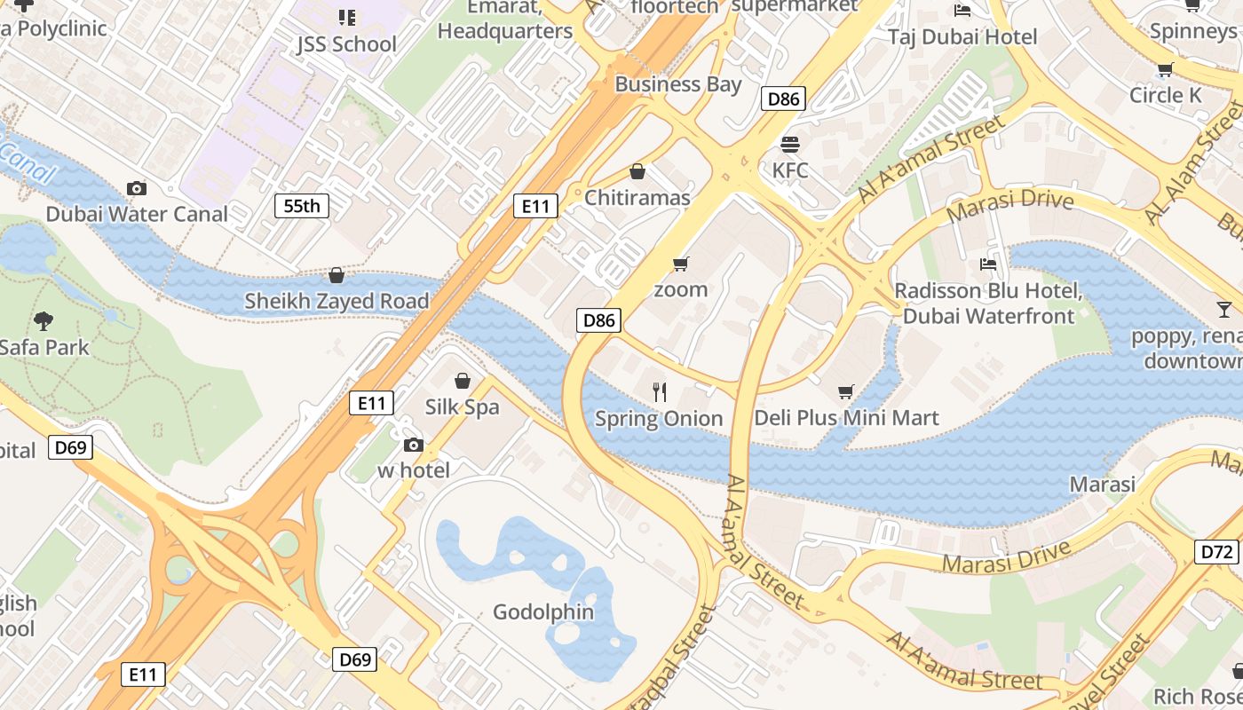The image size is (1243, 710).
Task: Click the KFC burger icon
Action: click(x=789, y=144)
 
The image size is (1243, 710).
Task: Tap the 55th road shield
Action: click(x=301, y=207)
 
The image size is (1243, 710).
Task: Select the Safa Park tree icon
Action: click(x=43, y=320)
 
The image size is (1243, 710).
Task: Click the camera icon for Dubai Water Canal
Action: click(x=137, y=188)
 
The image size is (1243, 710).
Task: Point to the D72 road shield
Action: click(x=1217, y=552)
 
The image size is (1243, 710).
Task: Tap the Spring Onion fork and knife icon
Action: click(x=659, y=392)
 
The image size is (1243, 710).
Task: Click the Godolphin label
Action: click(x=543, y=612)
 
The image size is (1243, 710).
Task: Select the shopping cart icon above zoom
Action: click(x=681, y=264)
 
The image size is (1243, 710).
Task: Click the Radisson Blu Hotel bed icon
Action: click(x=987, y=264)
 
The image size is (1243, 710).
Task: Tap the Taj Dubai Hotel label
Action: click(x=962, y=36)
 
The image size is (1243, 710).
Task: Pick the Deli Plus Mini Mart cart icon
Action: click(x=846, y=391)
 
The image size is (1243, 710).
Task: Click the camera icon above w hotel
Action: click(x=413, y=445)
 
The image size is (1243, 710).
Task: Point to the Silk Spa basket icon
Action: click(x=462, y=382)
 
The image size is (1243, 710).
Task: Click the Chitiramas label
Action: click(x=637, y=198)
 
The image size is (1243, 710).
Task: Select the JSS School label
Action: click(x=346, y=43)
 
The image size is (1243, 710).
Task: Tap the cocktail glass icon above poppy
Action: click(x=1224, y=310)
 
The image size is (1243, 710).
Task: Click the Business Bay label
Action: click(x=677, y=84)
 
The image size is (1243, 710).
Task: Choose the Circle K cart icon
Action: click(x=1165, y=69)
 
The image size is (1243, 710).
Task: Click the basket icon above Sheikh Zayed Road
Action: click(x=336, y=276)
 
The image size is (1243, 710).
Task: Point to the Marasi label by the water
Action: click(x=1102, y=485)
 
